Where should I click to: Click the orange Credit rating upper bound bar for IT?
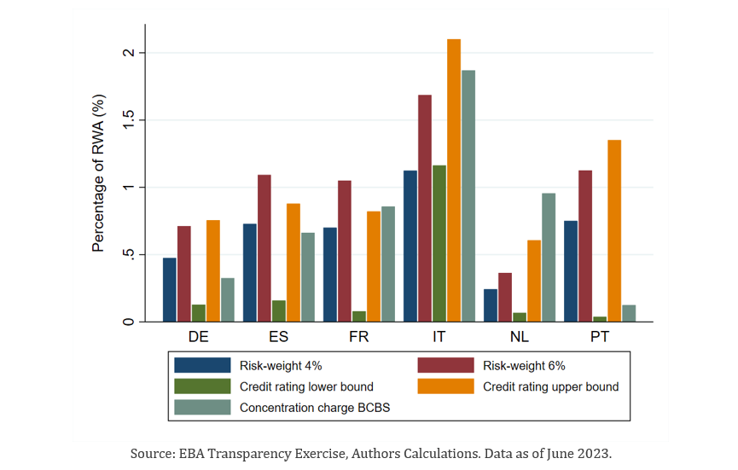click(x=454, y=180)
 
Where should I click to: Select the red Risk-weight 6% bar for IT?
click(x=424, y=208)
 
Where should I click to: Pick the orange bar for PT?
click(x=614, y=230)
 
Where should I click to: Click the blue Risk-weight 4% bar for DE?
click(x=170, y=289)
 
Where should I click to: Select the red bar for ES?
click(x=264, y=247)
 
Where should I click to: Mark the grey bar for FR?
click(x=387, y=264)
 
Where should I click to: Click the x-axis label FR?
click(x=359, y=337)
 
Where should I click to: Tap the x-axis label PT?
click(x=600, y=337)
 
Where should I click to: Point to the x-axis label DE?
click(x=199, y=337)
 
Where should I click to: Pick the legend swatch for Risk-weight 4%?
click(x=202, y=365)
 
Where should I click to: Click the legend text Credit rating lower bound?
click(x=306, y=386)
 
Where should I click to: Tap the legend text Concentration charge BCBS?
click(x=316, y=408)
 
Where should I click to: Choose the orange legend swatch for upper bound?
click(x=445, y=386)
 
